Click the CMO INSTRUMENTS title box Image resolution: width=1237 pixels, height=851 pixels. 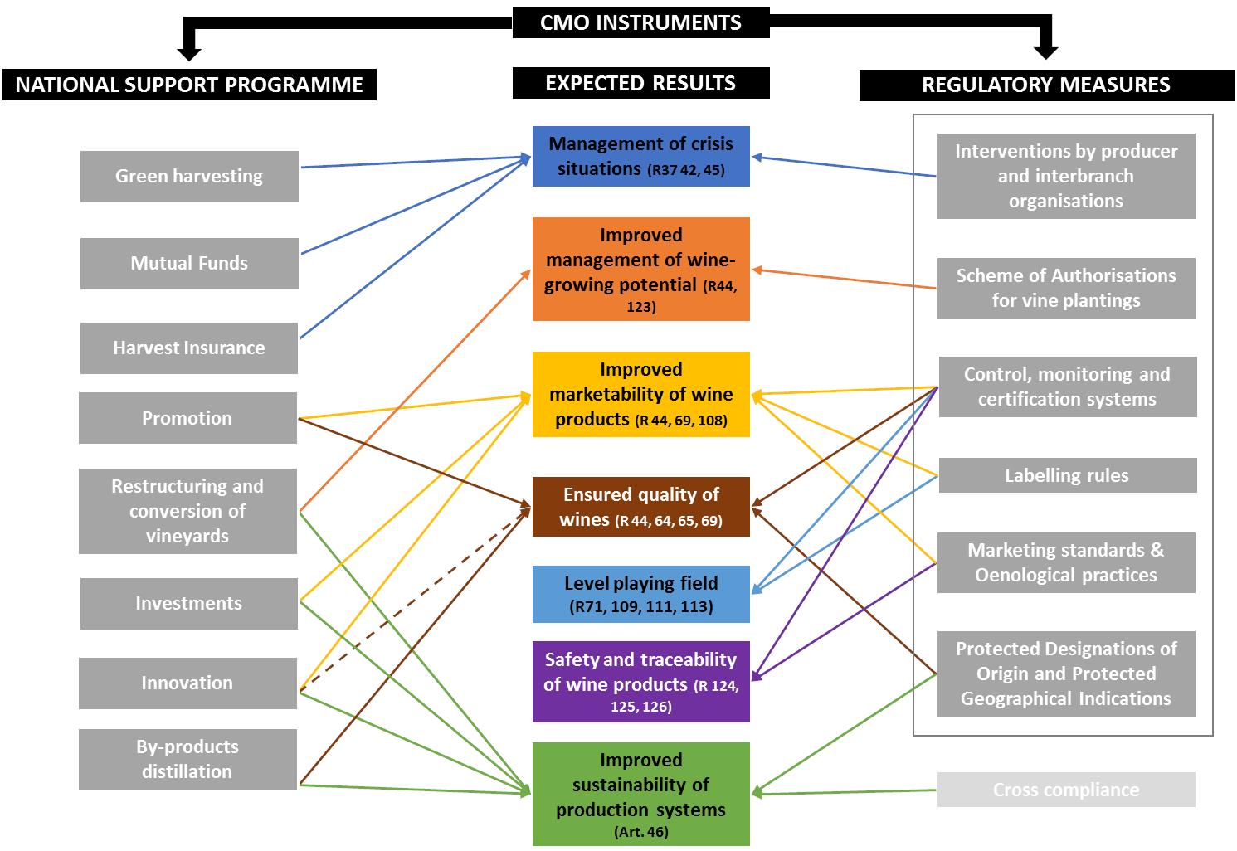[x=640, y=22]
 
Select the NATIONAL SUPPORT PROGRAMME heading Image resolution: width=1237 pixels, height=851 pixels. [x=189, y=85]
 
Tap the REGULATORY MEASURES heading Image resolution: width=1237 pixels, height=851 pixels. [x=1045, y=85]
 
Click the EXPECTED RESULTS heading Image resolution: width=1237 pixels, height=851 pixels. [x=640, y=83]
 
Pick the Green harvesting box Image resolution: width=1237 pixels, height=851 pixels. [x=189, y=176]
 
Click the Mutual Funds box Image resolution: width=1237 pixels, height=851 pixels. [x=189, y=264]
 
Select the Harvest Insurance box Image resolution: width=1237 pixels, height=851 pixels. [x=189, y=348]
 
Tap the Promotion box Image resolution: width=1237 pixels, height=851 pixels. [x=187, y=418]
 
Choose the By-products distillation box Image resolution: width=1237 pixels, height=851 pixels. [x=187, y=759]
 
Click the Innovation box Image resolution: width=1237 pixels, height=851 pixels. [x=187, y=683]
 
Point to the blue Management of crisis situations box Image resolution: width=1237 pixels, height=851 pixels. [x=640, y=156]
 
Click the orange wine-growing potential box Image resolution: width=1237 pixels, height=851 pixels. [x=640, y=269]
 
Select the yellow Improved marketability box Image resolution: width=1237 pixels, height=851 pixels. [x=640, y=394]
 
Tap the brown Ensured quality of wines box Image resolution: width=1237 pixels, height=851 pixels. [x=640, y=507]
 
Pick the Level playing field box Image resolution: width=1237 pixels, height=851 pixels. [x=640, y=594]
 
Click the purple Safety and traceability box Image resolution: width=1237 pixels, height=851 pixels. [x=640, y=682]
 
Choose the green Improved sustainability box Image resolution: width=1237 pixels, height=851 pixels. [x=640, y=794]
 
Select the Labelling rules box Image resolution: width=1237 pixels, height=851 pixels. [x=1067, y=475]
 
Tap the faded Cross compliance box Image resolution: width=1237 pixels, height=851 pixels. [x=1066, y=790]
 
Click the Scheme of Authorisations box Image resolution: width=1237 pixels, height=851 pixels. [x=1066, y=288]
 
